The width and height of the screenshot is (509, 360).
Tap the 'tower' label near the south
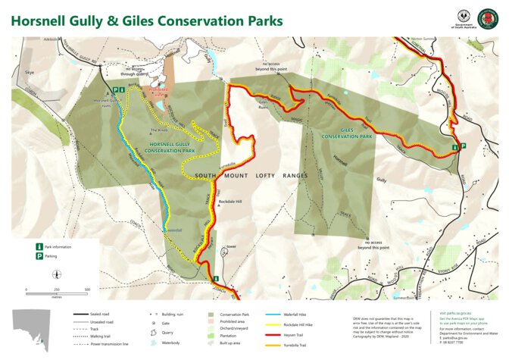[231, 246]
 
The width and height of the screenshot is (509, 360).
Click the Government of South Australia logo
[464, 18]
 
